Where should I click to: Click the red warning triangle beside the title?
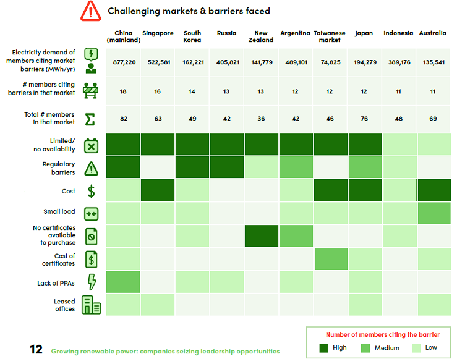[90, 11]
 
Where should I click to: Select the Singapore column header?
[158, 33]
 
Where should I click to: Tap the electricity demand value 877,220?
[124, 62]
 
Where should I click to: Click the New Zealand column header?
[260, 36]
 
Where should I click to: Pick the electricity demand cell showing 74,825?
[330, 62]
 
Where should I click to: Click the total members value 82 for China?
[124, 118]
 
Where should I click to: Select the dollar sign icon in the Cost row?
[91, 191]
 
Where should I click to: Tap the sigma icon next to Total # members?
[90, 118]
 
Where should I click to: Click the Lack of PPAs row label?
[56, 283]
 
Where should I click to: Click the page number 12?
[36, 350]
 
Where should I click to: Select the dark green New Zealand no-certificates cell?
[260, 235]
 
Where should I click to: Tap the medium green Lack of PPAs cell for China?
[124, 282]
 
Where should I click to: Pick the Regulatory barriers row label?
[59, 168]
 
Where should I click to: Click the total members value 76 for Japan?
[364, 118]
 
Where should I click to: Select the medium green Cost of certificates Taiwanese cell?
[330, 258]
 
